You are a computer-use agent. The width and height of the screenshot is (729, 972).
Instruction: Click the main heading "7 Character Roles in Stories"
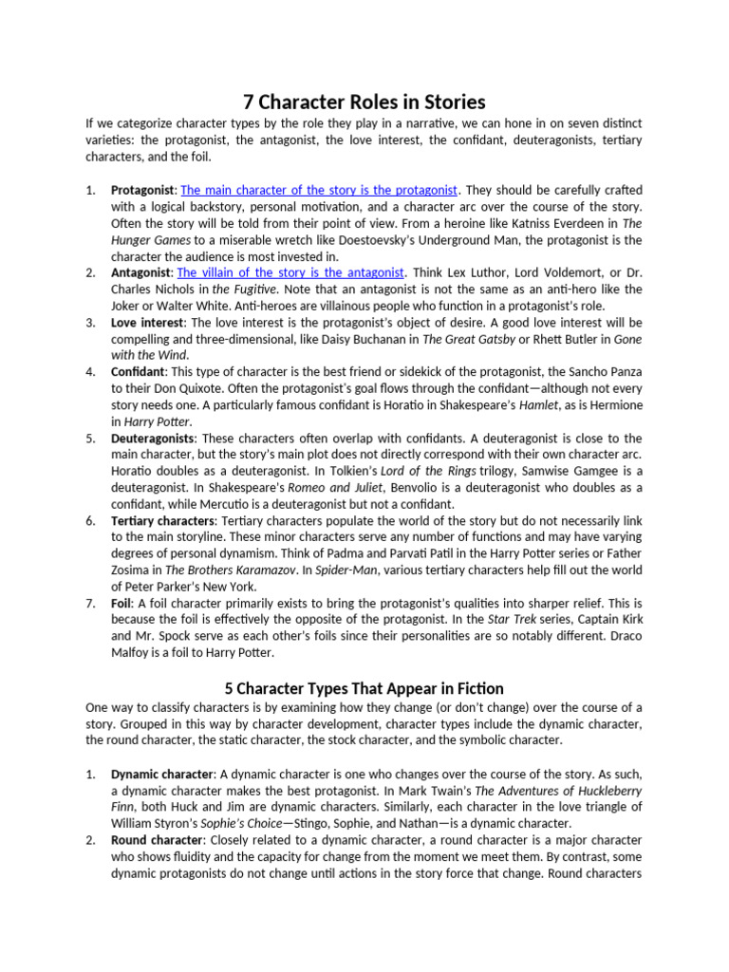tap(364, 101)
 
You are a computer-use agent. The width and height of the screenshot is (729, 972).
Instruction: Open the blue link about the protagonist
tap(319, 190)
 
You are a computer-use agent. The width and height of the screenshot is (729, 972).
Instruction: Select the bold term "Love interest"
tap(147, 323)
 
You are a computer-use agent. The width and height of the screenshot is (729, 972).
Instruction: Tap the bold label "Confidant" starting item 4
tap(139, 372)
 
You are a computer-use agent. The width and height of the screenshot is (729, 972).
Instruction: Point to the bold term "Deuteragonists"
tap(153, 439)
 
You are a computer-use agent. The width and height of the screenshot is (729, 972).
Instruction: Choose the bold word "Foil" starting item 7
tap(121, 604)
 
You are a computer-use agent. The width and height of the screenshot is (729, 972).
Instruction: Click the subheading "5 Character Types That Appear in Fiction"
tap(364, 688)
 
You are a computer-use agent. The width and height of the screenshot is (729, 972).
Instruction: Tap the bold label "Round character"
tap(157, 840)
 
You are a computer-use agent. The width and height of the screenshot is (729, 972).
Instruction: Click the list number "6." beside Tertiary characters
tap(90, 521)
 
